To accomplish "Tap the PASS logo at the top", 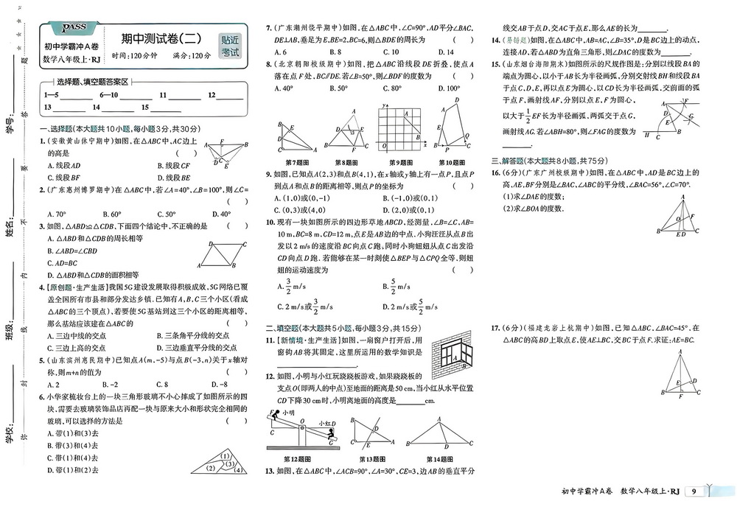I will coord(74,27).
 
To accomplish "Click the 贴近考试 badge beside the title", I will coord(230,46).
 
